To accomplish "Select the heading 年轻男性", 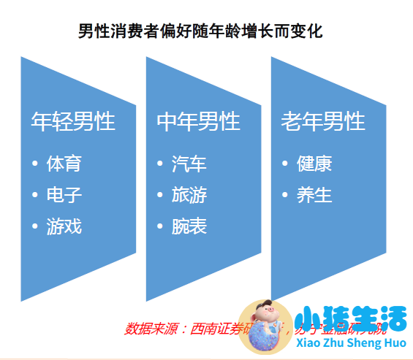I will pyautogui.click(x=73, y=121).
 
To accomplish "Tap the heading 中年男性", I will pyautogui.click(x=198, y=121).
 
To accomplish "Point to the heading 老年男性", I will pyautogui.click(x=322, y=121).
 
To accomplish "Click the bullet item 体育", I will pyautogui.click(x=64, y=163).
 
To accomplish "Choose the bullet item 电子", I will pyautogui.click(x=64, y=195).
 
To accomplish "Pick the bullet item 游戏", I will pyautogui.click(x=64, y=226).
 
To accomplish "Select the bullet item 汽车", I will pyautogui.click(x=189, y=163).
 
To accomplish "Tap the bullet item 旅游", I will pyautogui.click(x=189, y=195).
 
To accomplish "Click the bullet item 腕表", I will pyautogui.click(x=189, y=226).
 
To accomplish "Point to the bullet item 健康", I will pyautogui.click(x=314, y=163).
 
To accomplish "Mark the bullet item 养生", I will pyautogui.click(x=314, y=195).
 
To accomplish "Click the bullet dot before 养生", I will pyautogui.click(x=286, y=196).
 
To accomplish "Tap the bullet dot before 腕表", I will pyautogui.click(x=161, y=227).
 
